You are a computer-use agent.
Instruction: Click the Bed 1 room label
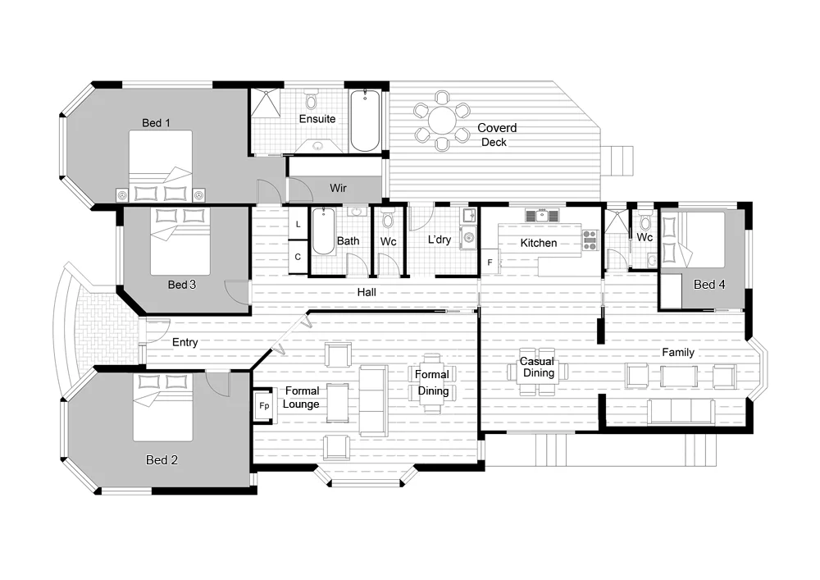tap(156, 123)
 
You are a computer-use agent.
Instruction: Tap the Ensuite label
tap(317, 119)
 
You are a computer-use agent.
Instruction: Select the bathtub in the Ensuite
tap(365, 121)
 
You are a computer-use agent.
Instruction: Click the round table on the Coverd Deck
tap(442, 122)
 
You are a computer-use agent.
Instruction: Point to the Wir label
tap(338, 189)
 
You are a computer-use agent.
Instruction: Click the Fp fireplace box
tap(264, 405)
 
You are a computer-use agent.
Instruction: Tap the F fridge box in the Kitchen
tap(490, 263)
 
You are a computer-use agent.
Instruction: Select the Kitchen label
tap(539, 243)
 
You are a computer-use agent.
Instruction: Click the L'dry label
tap(440, 240)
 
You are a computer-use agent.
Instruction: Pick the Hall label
tap(367, 293)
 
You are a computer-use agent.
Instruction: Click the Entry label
tap(184, 343)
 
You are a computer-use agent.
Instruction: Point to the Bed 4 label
tap(709, 285)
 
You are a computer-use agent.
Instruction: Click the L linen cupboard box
tap(298, 224)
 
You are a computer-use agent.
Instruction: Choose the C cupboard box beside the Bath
tap(298, 257)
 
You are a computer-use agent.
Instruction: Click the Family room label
tap(678, 353)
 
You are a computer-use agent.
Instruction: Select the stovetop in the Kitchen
tap(590, 240)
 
